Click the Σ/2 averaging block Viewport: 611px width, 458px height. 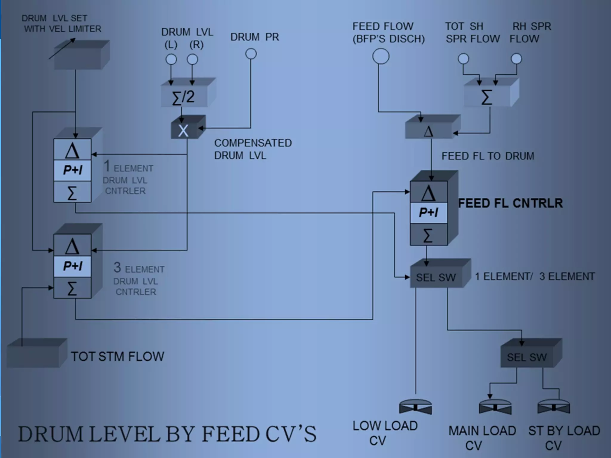tap(184, 97)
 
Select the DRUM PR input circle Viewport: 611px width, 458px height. tap(251, 54)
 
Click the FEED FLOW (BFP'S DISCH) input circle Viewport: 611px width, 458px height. tap(381, 56)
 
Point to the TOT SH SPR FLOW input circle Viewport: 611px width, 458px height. tap(463, 59)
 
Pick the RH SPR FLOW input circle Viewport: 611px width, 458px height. tap(516, 59)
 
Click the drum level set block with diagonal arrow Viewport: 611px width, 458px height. tap(78, 58)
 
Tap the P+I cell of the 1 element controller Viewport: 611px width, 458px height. tap(72, 170)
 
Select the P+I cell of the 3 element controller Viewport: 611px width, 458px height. tap(72, 266)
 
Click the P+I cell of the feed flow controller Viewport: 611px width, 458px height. tap(429, 212)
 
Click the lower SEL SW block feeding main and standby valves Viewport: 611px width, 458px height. tap(527, 357)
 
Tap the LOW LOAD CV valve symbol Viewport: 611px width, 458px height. tap(415, 407)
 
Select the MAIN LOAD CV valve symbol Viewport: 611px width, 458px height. tap(495, 407)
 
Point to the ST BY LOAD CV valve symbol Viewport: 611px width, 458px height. tap(554, 407)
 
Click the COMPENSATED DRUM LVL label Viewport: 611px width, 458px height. tap(253, 149)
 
